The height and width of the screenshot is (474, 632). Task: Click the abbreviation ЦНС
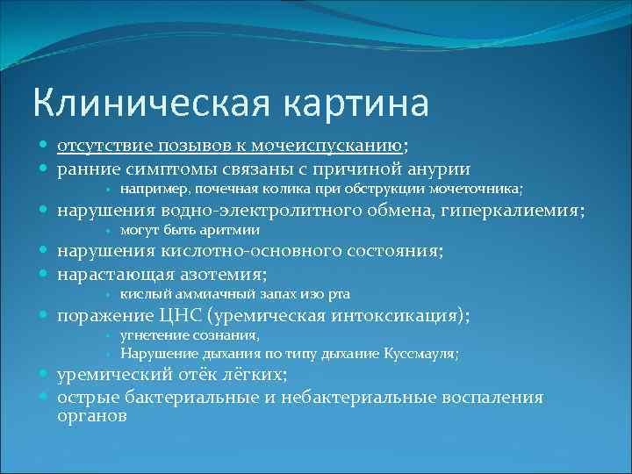pyautogui.click(x=184, y=314)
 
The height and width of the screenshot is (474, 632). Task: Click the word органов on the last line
pyautogui.click(x=91, y=416)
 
